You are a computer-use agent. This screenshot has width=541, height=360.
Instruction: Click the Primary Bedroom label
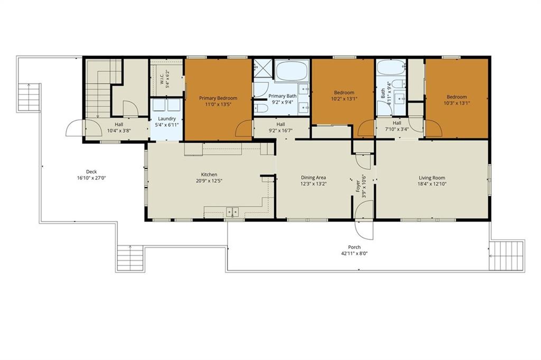[x=218, y=98]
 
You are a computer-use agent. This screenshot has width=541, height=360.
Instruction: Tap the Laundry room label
[x=167, y=118]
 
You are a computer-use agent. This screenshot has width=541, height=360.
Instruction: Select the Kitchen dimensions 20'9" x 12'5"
[x=209, y=180]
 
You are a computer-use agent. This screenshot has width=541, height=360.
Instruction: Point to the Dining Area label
[x=313, y=178]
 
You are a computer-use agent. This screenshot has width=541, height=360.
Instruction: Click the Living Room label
[x=432, y=178]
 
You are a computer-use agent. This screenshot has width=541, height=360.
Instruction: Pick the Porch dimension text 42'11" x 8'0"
[x=355, y=253]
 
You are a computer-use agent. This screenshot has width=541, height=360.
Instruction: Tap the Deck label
[x=91, y=172]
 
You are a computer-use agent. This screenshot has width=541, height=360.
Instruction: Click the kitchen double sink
[x=232, y=211]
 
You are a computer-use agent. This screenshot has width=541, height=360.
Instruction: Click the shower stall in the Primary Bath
[x=264, y=69]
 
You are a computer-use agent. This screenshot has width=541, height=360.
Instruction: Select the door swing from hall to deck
[x=74, y=128]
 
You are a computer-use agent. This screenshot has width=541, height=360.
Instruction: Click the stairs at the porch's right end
[x=507, y=256]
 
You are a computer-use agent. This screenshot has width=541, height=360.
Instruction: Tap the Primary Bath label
[x=283, y=96]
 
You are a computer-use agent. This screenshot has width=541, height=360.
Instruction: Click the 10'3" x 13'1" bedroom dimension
[x=457, y=103]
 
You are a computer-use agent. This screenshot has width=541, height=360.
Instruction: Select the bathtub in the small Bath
[x=391, y=68]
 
